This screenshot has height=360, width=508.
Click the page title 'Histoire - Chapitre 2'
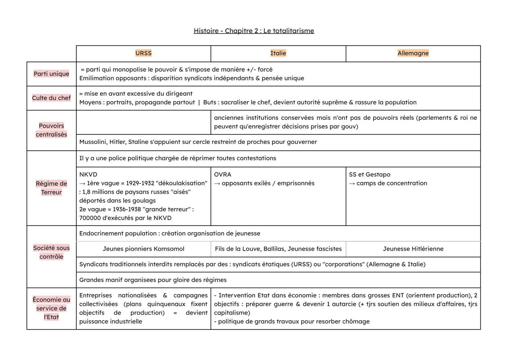click(254, 31)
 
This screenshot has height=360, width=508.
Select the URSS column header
click(143, 53)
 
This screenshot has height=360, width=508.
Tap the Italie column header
click(278, 53)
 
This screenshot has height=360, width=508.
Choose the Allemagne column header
click(413, 53)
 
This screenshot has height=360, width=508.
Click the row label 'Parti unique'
click(51, 74)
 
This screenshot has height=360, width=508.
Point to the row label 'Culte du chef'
click(51, 98)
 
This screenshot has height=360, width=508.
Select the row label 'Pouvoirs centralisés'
click(51, 130)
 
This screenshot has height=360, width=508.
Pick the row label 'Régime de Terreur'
click(51, 188)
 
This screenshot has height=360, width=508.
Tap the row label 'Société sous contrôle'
click(51, 252)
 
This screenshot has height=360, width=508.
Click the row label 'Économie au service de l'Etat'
click(51, 308)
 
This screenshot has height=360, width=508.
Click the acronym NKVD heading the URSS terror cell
click(88, 175)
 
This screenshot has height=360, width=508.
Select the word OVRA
click(223, 175)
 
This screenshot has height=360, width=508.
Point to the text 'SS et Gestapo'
click(369, 175)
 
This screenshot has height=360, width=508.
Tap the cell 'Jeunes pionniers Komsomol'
click(143, 249)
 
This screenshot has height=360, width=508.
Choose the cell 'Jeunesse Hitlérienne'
click(413, 249)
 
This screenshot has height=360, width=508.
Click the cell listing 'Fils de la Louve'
click(278, 249)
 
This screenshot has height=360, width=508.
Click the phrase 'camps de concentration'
click(392, 183)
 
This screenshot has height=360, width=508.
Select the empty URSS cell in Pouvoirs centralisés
click(143, 122)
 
